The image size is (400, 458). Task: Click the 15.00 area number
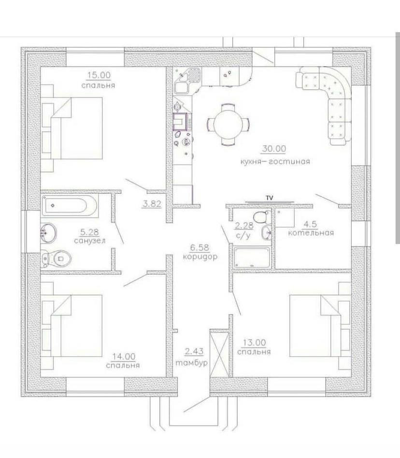[x=99, y=75]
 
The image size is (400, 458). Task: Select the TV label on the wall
[x=269, y=198]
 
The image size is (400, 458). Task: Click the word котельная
[x=311, y=233]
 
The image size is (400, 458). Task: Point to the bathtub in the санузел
[x=70, y=206]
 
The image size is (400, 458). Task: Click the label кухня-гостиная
[x=274, y=162]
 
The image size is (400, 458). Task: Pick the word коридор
[x=200, y=257]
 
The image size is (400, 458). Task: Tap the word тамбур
[x=192, y=363]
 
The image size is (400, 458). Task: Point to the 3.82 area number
[x=151, y=204]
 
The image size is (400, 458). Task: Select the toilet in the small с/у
[x=260, y=216]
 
